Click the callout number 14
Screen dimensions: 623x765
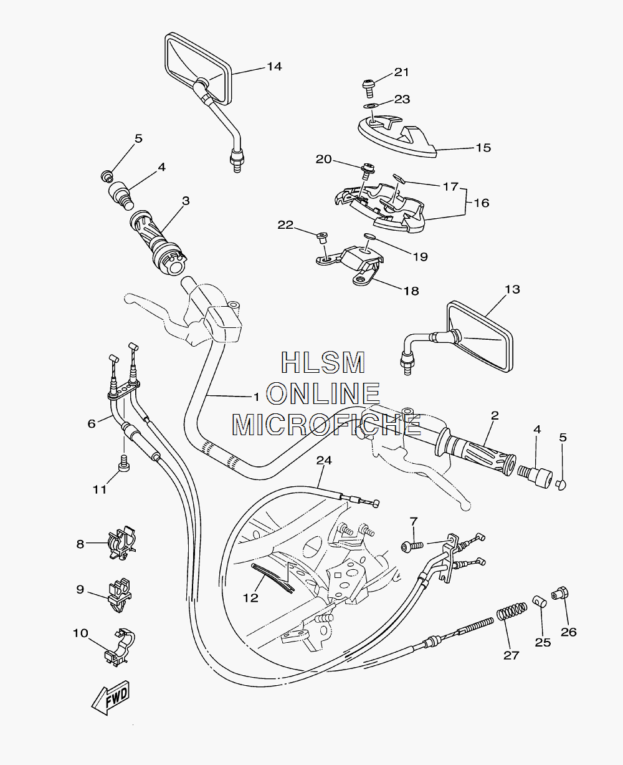(x=274, y=67)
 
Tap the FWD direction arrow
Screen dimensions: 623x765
(x=110, y=698)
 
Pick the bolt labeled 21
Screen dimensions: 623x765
(x=368, y=88)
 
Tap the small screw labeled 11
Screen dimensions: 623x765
(x=124, y=463)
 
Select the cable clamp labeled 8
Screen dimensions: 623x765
(x=121, y=544)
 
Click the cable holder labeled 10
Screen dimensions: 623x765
(x=119, y=647)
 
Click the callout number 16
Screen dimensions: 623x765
(x=482, y=203)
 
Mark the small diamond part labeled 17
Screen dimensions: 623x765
(x=398, y=178)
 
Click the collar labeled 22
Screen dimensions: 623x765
(x=323, y=238)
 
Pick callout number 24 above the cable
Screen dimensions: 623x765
(x=324, y=460)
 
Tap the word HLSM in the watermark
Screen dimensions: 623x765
(x=323, y=362)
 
